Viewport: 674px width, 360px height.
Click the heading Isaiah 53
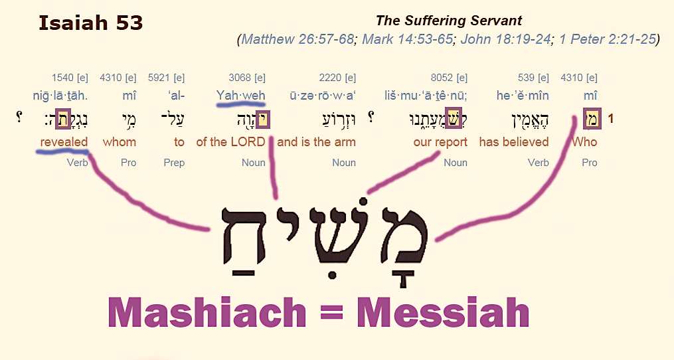[x=91, y=23]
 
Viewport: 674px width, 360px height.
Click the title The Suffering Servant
[x=449, y=21]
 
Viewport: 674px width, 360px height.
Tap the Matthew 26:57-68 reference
[x=297, y=39]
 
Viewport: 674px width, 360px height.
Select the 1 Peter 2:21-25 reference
[x=608, y=39]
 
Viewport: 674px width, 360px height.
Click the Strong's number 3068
[x=238, y=78]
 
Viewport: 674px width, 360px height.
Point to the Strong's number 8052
[x=441, y=78]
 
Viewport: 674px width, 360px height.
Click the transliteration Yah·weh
[x=240, y=95]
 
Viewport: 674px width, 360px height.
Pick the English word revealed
[x=64, y=142]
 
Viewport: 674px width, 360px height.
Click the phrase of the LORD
[x=230, y=142]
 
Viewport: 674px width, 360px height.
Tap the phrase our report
[x=440, y=142]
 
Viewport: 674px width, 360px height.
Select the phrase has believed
[x=514, y=142]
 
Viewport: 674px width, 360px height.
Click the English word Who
[x=584, y=142]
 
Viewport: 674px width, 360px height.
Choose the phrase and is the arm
[x=316, y=142]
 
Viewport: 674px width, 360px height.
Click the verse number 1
[x=610, y=119]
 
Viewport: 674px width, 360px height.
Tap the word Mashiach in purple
[x=207, y=313]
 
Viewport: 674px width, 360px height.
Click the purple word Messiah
[x=443, y=313]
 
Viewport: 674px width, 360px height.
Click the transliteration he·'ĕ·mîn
[x=523, y=95]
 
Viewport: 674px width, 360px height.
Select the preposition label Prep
[x=174, y=163]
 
